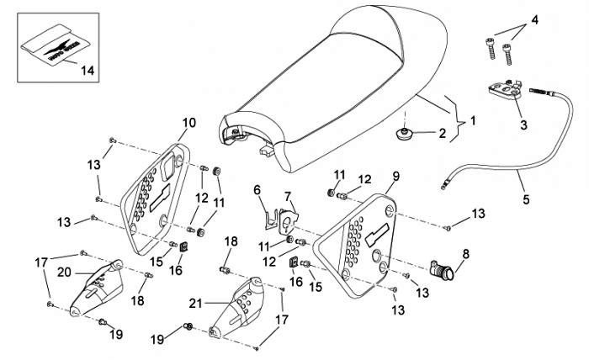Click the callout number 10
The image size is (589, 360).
[188, 123]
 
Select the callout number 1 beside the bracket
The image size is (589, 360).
[472, 120]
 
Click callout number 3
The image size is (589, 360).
[523, 126]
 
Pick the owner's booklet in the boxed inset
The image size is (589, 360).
[53, 48]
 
